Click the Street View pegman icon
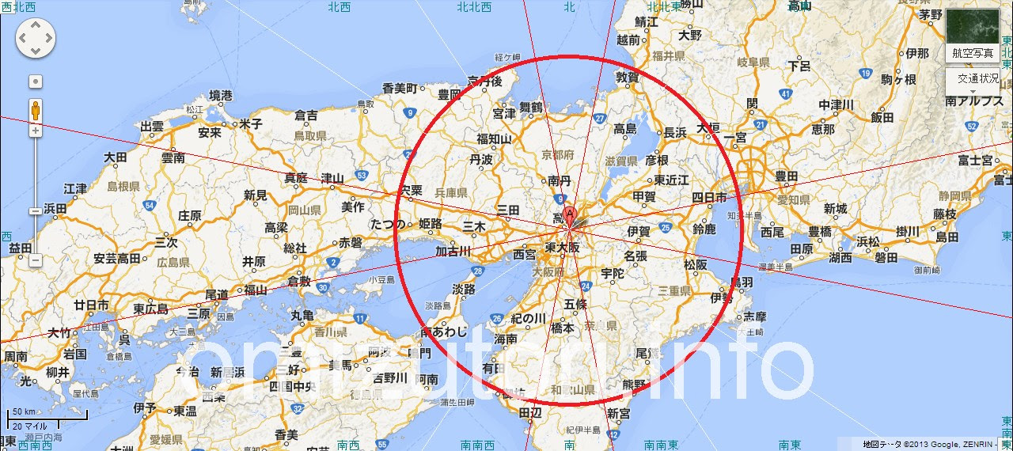click(36, 109)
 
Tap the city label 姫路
click(431, 224)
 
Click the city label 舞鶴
click(531, 107)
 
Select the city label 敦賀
click(628, 78)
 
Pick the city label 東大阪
click(563, 248)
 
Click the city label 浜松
click(868, 241)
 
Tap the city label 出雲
click(152, 126)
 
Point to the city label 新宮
click(618, 412)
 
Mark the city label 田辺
click(529, 412)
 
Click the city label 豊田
click(786, 176)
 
